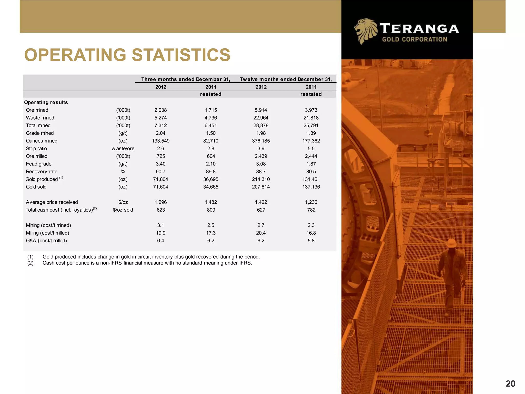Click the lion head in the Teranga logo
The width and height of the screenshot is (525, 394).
tap(365, 31)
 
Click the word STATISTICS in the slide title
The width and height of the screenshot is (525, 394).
tap(181, 55)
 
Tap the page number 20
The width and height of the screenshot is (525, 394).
tap(510, 383)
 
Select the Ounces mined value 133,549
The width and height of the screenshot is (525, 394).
tap(161, 141)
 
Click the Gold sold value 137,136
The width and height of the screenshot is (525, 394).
tap(311, 187)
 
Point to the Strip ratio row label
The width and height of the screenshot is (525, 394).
tap(36, 149)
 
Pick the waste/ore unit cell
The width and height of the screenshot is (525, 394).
tap(123, 149)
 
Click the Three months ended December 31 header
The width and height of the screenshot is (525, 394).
tap(186, 79)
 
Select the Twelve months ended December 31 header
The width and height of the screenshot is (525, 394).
tap(286, 79)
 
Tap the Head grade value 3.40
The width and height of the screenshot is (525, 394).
tap(161, 164)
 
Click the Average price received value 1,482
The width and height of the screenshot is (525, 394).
tap(211, 202)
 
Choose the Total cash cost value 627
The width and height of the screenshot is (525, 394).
tap(261, 210)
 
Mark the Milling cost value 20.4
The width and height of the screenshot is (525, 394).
tap(261, 233)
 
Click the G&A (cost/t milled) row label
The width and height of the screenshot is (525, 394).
tap(46, 241)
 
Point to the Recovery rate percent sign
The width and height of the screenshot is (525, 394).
tap(123, 172)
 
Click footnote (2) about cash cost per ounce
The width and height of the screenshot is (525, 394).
tap(147, 263)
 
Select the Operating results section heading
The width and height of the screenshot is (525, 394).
tap(46, 102)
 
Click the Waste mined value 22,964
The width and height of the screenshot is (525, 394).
tap(261, 118)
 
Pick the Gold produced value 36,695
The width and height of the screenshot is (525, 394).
tap(211, 179)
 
